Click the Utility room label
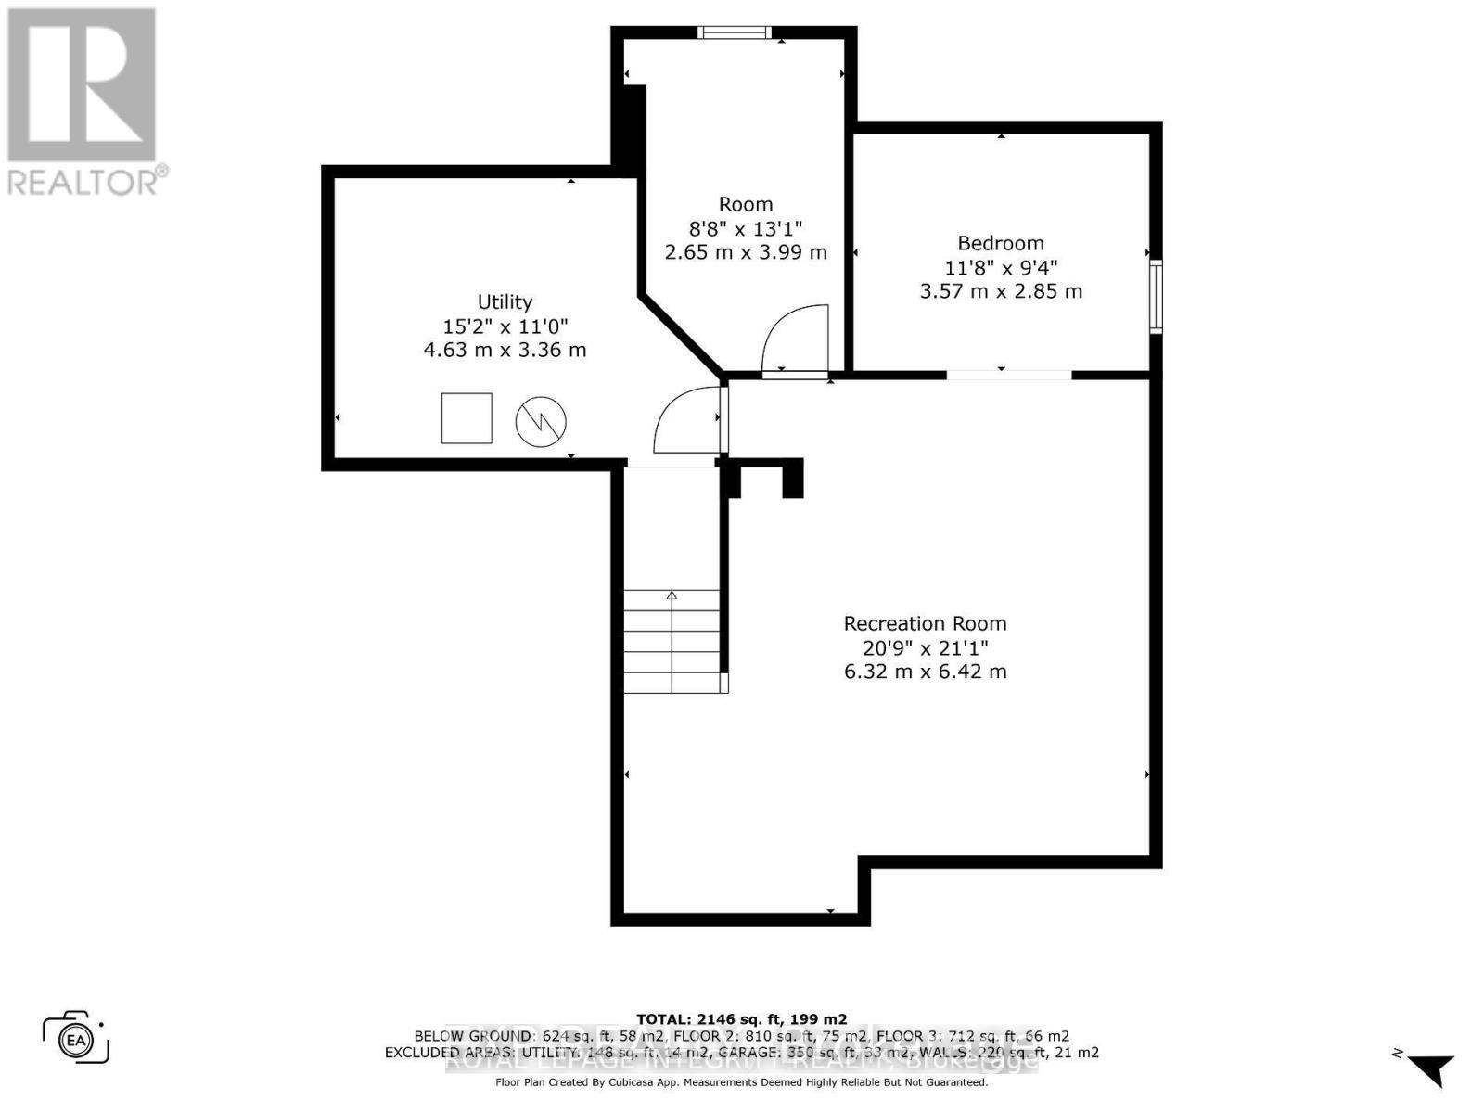505,301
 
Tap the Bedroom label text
1001,243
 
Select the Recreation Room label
925,623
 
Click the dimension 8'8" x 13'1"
746,228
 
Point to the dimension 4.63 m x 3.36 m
505,350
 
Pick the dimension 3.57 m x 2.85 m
1001,291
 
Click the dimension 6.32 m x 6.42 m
925,672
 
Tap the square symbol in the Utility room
467,418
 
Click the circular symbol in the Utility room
541,421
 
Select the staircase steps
672,641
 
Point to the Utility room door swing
686,422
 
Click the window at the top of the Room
734,33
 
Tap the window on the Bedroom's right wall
1156,297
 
